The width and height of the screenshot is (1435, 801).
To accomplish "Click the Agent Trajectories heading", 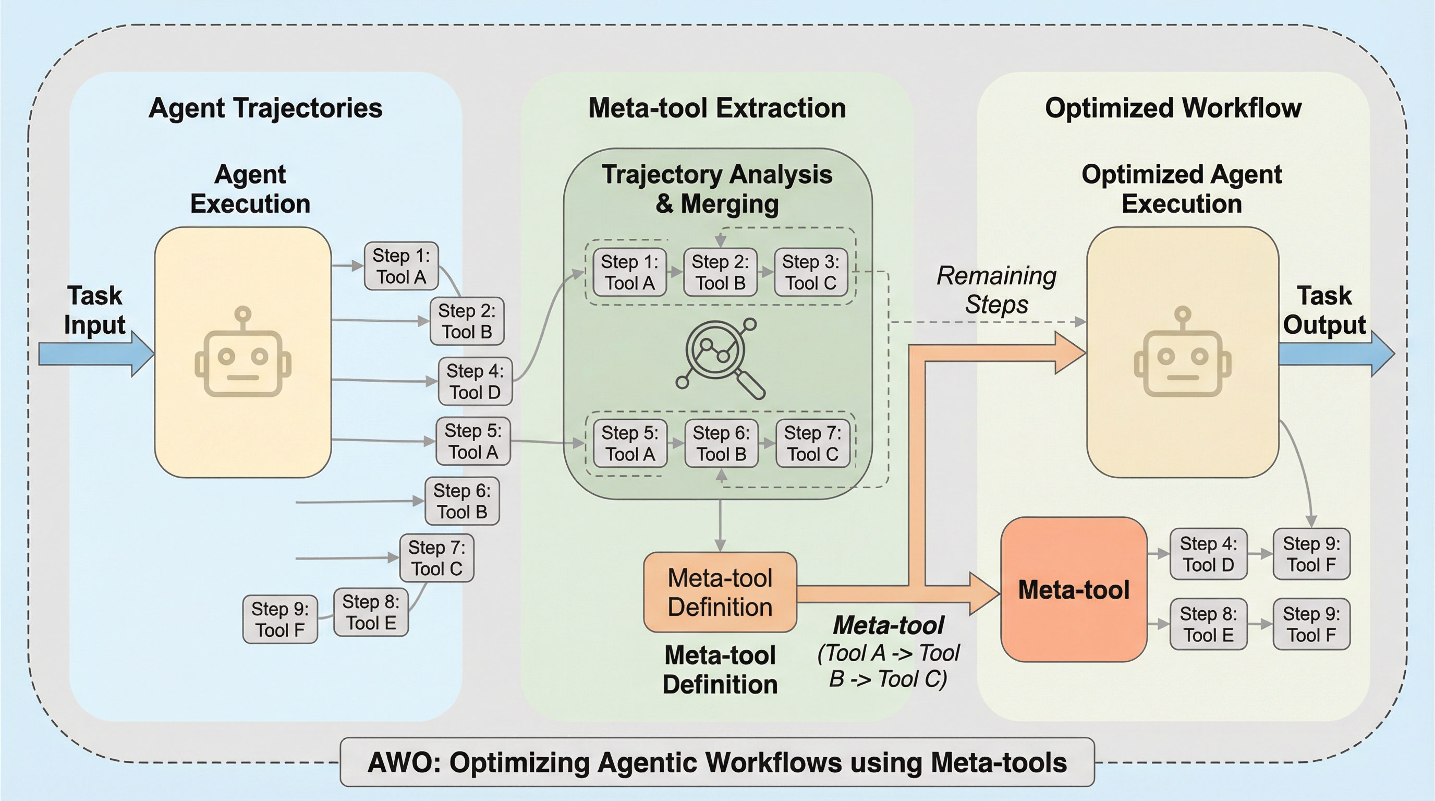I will click(x=265, y=108).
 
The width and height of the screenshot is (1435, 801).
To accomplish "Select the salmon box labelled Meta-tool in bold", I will click(x=1074, y=589).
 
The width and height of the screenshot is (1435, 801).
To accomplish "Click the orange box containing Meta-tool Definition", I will click(x=720, y=592).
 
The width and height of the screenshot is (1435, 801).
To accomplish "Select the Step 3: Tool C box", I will click(x=810, y=272).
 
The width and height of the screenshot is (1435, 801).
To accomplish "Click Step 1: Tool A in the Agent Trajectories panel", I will click(x=401, y=266).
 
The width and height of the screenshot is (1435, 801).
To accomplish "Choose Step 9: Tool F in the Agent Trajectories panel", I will click(x=279, y=620).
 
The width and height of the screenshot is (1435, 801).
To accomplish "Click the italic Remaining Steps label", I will click(x=996, y=289).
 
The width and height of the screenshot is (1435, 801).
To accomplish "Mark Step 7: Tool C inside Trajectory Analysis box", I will click(x=813, y=443).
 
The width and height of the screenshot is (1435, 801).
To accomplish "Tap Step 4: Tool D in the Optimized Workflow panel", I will click(x=1208, y=554).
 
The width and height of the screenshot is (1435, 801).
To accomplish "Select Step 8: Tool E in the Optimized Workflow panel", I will click(x=1208, y=624).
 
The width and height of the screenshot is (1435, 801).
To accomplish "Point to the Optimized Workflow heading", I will click(x=1173, y=108).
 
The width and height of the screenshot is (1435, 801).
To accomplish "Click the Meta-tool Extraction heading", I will click(x=717, y=108).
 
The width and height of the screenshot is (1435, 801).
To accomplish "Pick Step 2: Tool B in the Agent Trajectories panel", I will click(x=467, y=321).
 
